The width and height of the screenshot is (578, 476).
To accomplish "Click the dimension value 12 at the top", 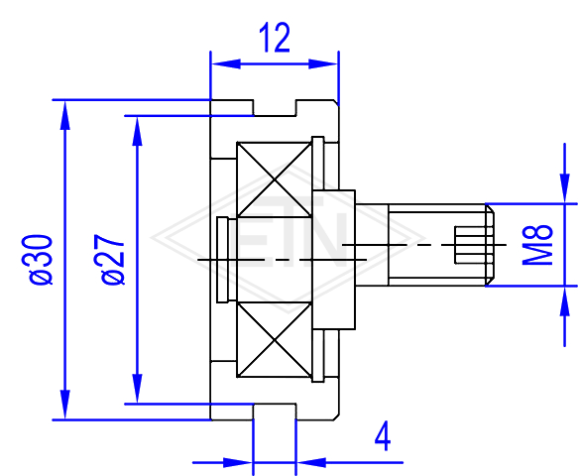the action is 275,38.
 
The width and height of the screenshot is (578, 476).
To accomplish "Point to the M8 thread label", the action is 537,245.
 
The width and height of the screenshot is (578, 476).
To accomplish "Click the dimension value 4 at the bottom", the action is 383,436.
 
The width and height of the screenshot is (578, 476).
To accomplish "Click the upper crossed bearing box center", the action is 275,179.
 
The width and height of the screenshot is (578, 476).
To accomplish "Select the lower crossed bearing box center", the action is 275,340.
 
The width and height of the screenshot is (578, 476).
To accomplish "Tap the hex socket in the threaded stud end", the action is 470,245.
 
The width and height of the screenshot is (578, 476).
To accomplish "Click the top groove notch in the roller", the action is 275,108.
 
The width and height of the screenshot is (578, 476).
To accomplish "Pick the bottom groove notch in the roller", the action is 275,412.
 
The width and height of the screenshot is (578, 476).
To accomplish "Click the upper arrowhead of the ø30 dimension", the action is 65,115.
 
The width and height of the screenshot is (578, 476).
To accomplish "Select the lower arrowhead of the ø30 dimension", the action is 65,405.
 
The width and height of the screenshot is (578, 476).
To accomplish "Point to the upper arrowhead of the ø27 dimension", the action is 138,131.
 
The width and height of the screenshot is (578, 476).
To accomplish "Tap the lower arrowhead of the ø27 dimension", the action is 138,389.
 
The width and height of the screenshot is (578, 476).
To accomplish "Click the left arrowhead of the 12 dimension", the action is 226,63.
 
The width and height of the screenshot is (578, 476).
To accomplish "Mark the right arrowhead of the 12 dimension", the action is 323,63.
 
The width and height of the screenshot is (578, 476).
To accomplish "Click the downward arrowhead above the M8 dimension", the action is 565,188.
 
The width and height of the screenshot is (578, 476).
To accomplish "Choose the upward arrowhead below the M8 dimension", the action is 565,300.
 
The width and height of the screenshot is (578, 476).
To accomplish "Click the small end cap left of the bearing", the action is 222,260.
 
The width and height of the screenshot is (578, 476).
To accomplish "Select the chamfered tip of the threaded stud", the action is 490,245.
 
